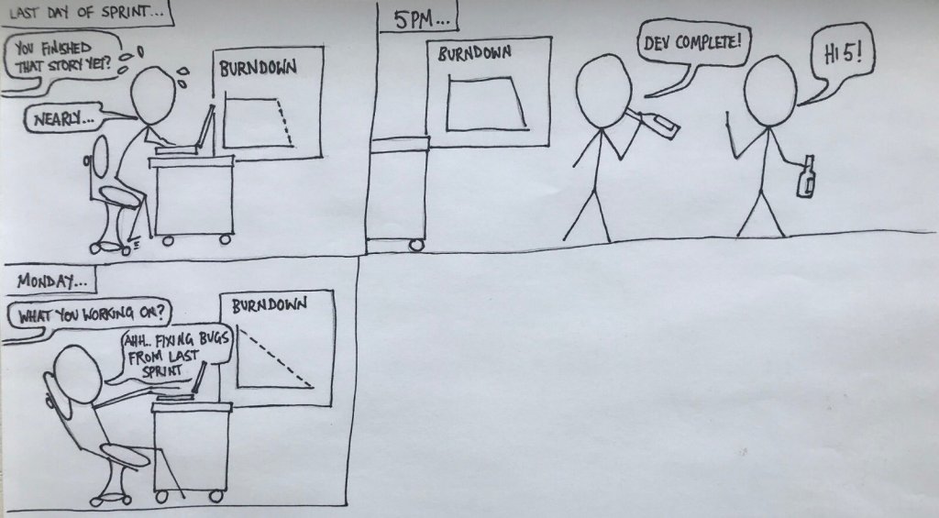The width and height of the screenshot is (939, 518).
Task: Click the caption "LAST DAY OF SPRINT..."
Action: click(85, 13)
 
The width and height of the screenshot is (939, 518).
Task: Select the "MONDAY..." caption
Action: click(51, 280)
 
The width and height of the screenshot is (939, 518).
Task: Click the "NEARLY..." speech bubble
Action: click(64, 118)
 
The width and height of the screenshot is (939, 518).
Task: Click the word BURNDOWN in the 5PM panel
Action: click(474, 54)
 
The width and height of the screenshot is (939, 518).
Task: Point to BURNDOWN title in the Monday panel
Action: click(270, 305)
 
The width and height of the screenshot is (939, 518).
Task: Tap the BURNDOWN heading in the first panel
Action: click(258, 68)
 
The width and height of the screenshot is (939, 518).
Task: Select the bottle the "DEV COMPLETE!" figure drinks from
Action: click(658, 124)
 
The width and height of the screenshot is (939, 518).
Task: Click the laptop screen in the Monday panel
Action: click(199, 378)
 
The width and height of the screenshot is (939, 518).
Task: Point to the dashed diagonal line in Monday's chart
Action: click(275, 357)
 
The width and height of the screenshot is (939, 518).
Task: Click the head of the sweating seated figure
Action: click(153, 96)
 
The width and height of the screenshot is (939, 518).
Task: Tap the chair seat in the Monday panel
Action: click(125, 455)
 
